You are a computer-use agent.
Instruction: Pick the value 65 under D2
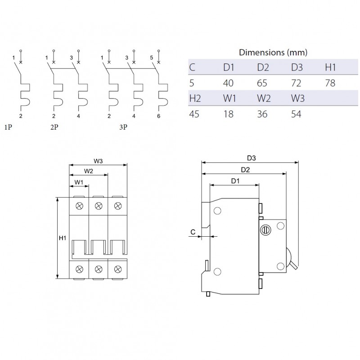(262, 83)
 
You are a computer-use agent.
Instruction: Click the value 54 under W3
(297, 114)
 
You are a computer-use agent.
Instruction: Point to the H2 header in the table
(194, 99)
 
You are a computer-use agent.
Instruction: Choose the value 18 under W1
(229, 114)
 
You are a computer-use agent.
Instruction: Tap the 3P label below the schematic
(123, 128)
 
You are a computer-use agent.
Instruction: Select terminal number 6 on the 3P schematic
(159, 116)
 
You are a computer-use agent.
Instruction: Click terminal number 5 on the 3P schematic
(152, 57)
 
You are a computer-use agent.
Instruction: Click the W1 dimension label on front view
(79, 182)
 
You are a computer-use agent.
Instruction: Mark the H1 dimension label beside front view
(62, 238)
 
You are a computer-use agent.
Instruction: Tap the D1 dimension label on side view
(235, 181)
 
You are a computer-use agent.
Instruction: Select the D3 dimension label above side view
(252, 158)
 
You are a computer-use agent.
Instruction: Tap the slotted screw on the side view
(265, 230)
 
